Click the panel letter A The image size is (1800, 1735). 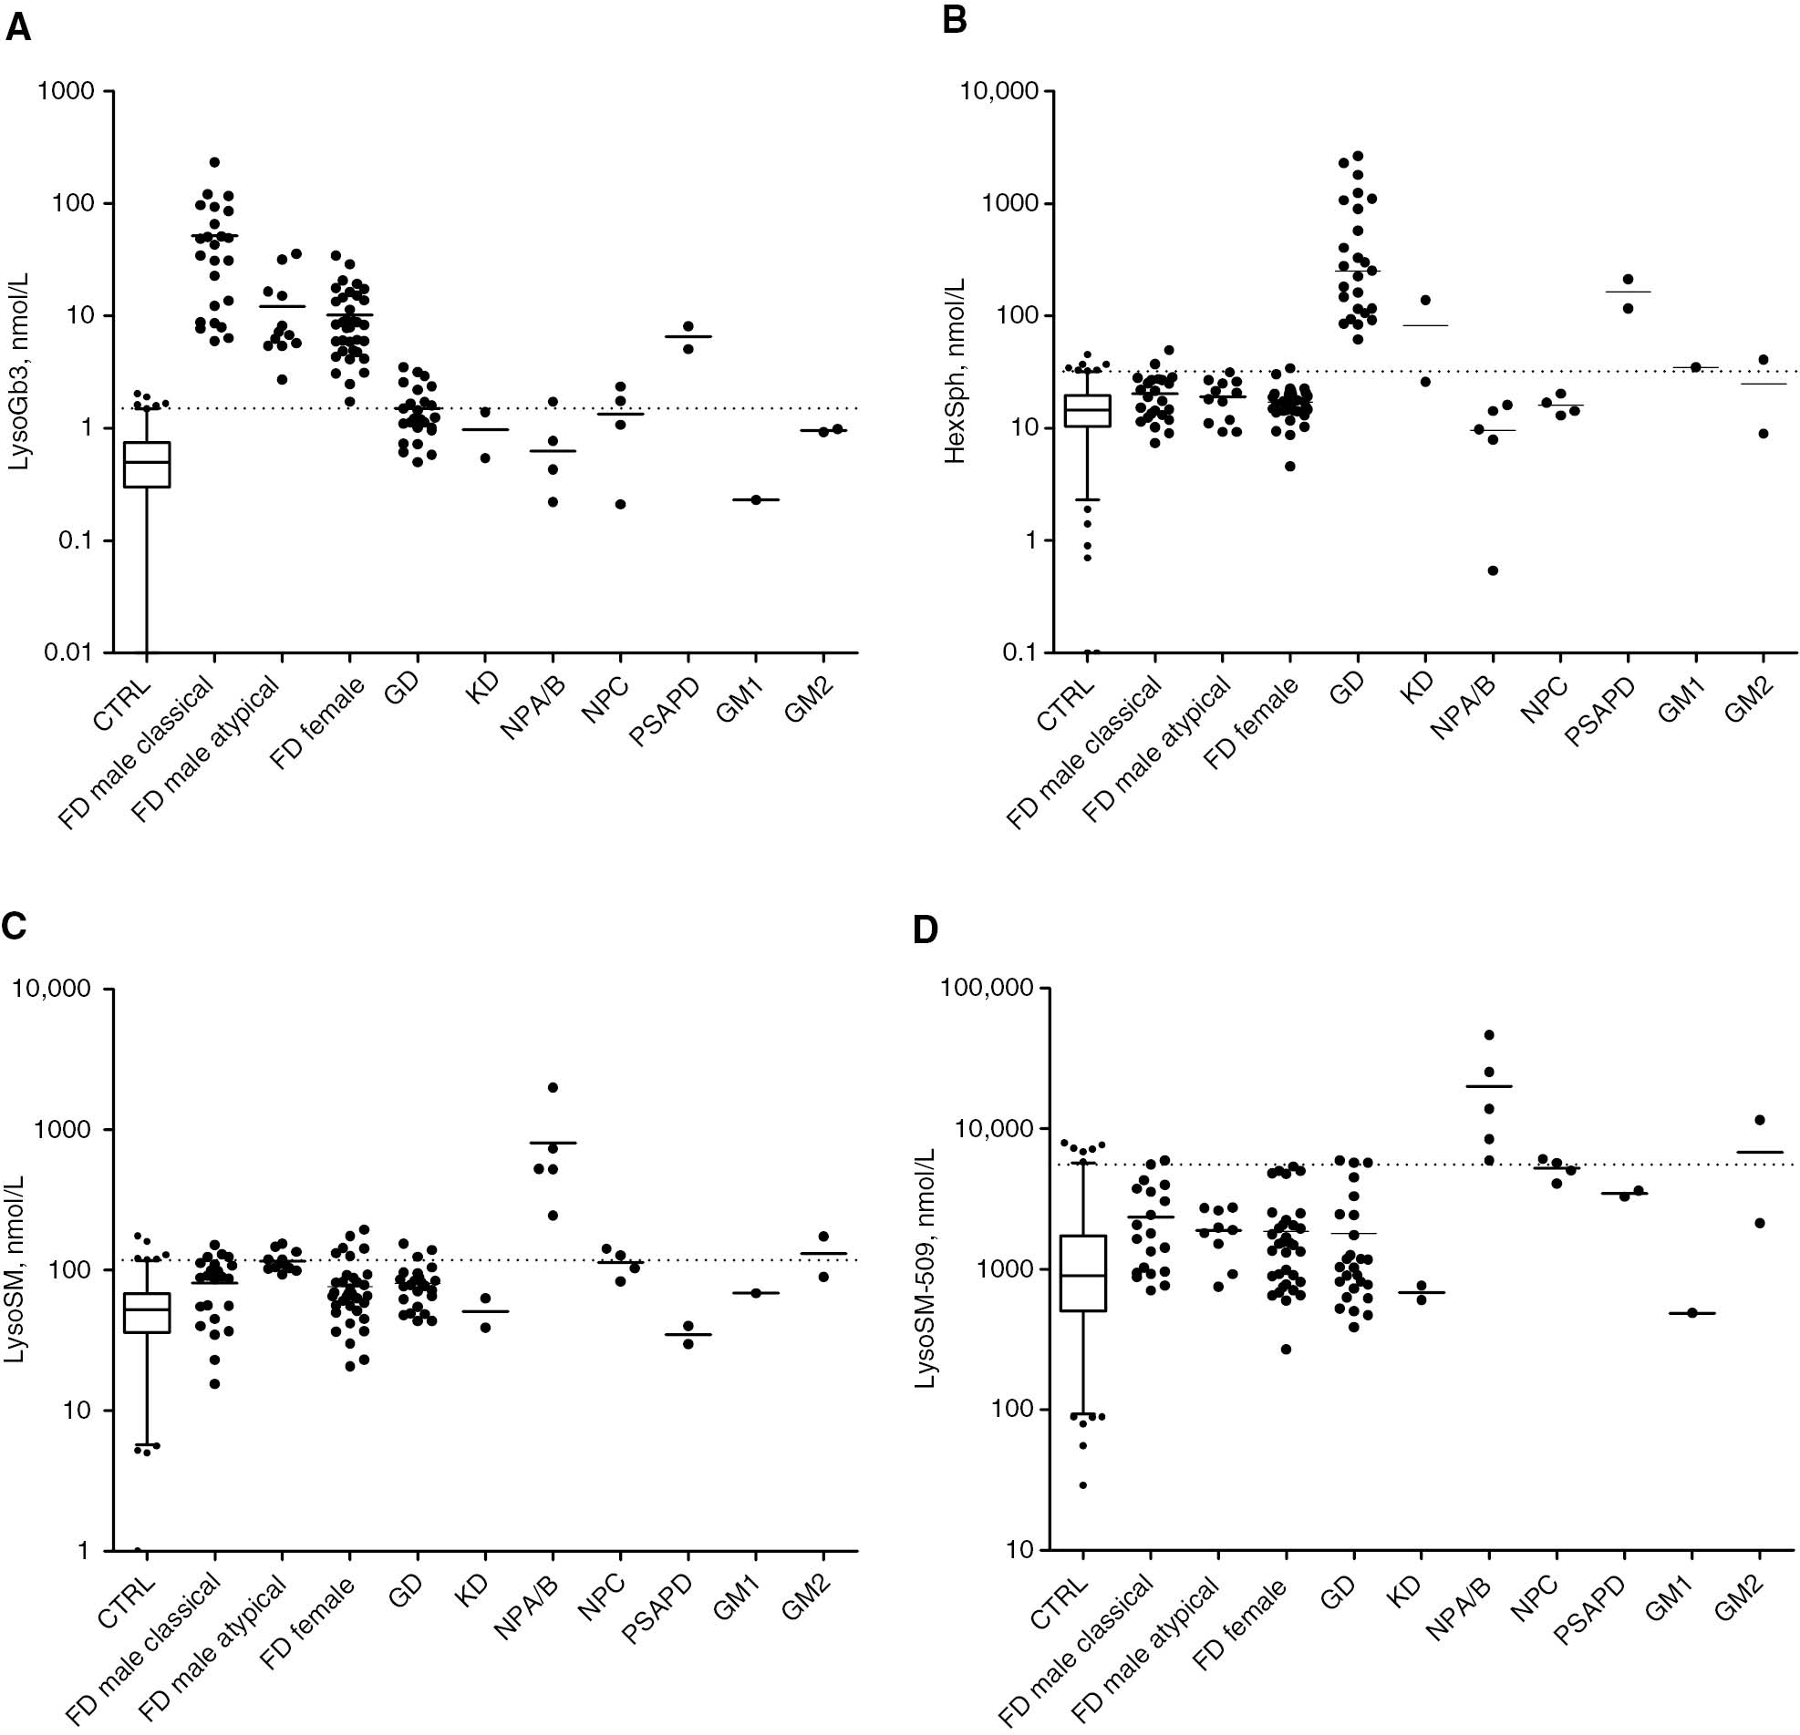click(x=17, y=27)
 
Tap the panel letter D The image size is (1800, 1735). click(x=926, y=931)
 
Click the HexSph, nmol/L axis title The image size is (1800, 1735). click(x=955, y=372)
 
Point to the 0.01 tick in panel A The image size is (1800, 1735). click(x=70, y=652)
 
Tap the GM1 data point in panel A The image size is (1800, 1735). click(x=756, y=499)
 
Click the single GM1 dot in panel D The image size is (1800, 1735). click(x=1692, y=1314)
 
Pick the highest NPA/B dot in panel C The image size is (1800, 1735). click(x=553, y=1088)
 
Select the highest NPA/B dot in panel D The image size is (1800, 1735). click(x=1490, y=1035)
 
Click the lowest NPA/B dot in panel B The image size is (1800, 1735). click(x=1494, y=570)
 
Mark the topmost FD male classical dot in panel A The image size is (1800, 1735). click(x=214, y=162)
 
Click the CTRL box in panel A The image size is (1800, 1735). click(x=147, y=465)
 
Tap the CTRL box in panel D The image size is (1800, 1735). click(x=1083, y=1273)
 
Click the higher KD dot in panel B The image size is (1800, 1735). click(x=1425, y=300)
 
